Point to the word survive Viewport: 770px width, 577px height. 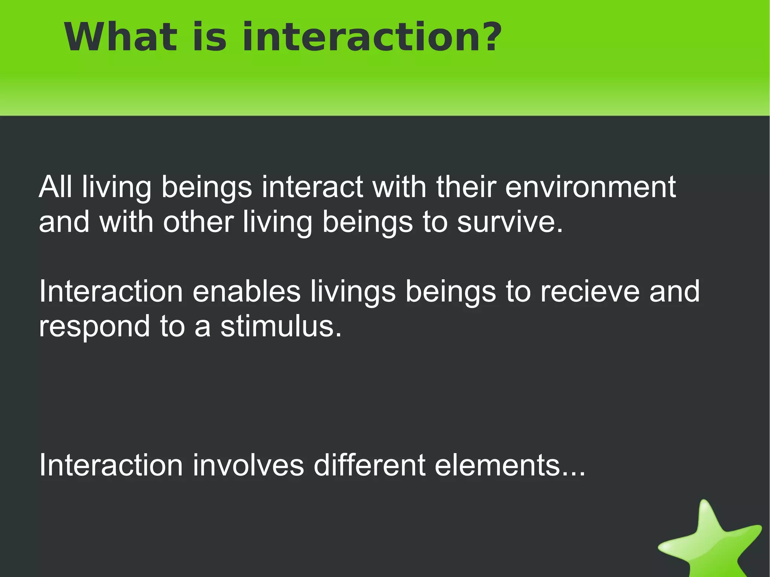pyautogui.click(x=509, y=222)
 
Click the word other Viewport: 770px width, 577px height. pyautogui.click(x=198, y=222)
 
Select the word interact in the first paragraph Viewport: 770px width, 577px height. pyautogui.click(x=312, y=187)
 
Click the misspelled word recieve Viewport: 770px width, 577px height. pyautogui.click(x=590, y=291)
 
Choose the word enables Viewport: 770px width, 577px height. pyautogui.click(x=247, y=291)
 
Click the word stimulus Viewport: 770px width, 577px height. pyautogui.click(x=281, y=326)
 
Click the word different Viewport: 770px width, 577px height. pyautogui.click(x=370, y=465)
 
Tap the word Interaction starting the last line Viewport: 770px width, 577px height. pyautogui.click(x=111, y=465)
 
